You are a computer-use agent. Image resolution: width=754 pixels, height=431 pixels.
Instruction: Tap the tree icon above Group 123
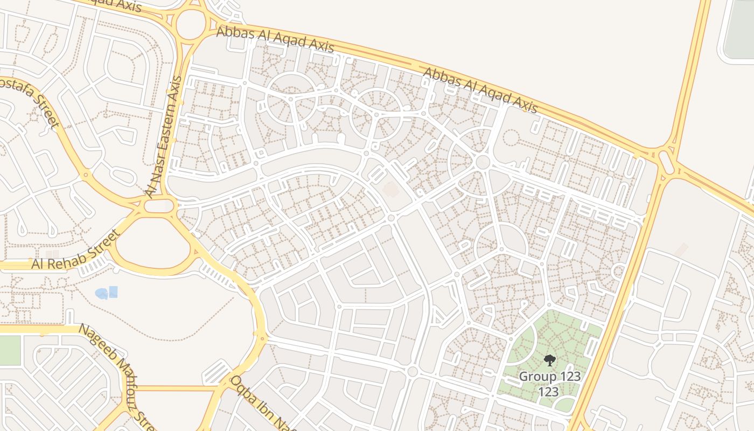[549, 360]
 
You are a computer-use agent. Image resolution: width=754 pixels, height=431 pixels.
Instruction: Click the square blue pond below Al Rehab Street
[113, 292]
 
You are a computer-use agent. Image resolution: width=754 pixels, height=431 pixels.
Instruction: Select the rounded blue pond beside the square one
[101, 294]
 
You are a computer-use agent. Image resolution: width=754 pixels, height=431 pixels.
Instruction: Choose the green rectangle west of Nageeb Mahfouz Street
[10, 350]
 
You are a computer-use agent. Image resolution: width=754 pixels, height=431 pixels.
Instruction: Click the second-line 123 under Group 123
[549, 392]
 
